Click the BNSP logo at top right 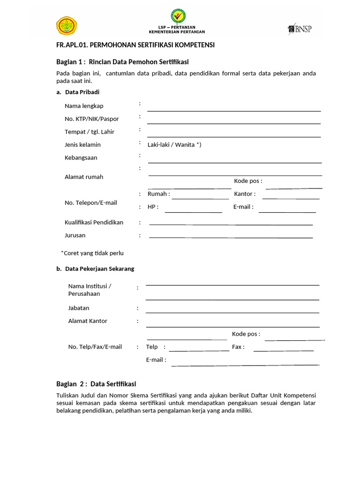(x=300, y=29)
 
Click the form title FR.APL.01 (x=135, y=45)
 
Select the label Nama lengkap (x=84, y=106)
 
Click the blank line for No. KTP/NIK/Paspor (x=234, y=123)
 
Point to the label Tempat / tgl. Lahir (x=90, y=132)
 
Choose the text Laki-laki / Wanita (x=174, y=145)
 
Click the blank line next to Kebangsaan (x=234, y=162)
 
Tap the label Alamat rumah (x=84, y=177)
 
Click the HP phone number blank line (x=193, y=212)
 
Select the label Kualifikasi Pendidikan (x=94, y=222)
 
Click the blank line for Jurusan (x=231, y=237)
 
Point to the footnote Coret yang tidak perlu (x=92, y=253)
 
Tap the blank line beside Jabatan (x=232, y=312)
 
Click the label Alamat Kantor (x=88, y=321)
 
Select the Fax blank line (x=283, y=350)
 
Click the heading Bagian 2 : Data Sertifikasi (x=96, y=383)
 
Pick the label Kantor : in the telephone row (x=245, y=194)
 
